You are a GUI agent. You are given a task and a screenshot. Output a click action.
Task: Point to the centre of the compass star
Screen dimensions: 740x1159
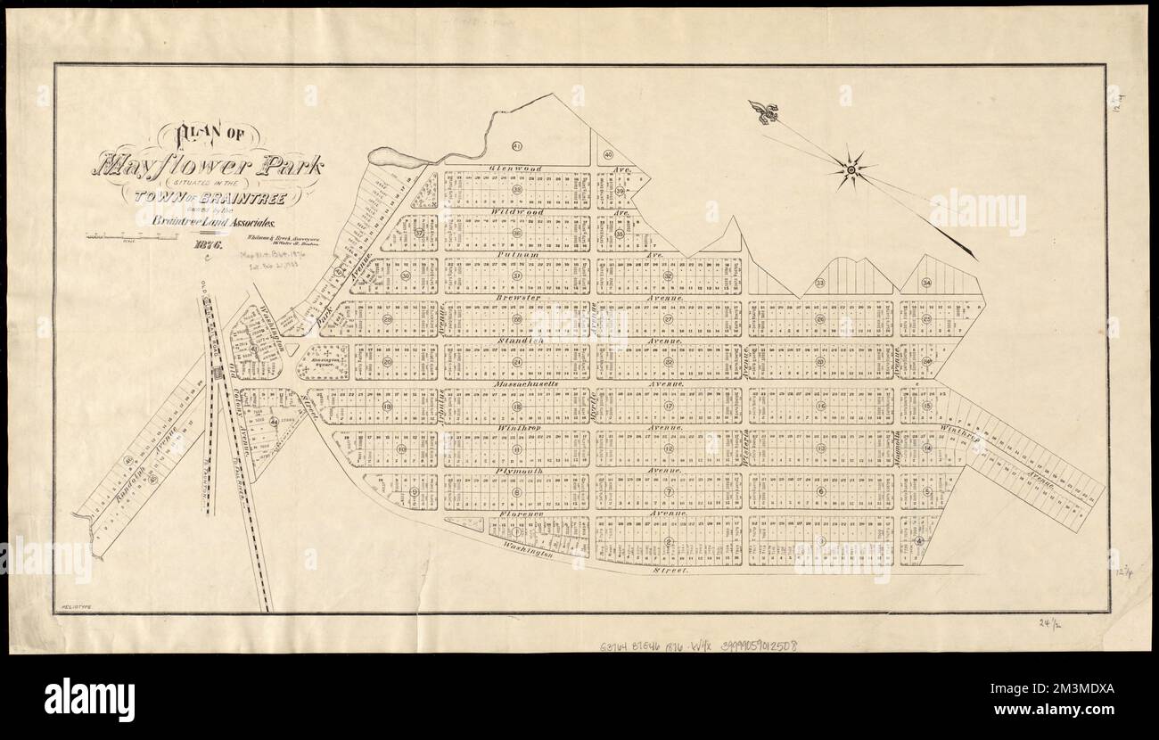pyautogui.click(x=851, y=169)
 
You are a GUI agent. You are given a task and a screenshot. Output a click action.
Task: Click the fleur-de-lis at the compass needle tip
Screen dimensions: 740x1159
pyautogui.click(x=763, y=111)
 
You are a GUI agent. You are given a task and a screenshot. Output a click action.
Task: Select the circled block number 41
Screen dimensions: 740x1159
pyautogui.click(x=516, y=145)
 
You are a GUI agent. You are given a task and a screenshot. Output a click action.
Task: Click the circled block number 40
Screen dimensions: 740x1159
pyautogui.click(x=608, y=153)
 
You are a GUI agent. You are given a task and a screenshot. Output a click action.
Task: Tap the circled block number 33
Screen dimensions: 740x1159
pyautogui.click(x=819, y=284)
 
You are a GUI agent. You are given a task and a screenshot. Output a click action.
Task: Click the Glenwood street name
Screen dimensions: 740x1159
pyautogui.click(x=512, y=168)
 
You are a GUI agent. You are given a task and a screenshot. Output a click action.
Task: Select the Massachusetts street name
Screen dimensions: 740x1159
pyautogui.click(x=527, y=384)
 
